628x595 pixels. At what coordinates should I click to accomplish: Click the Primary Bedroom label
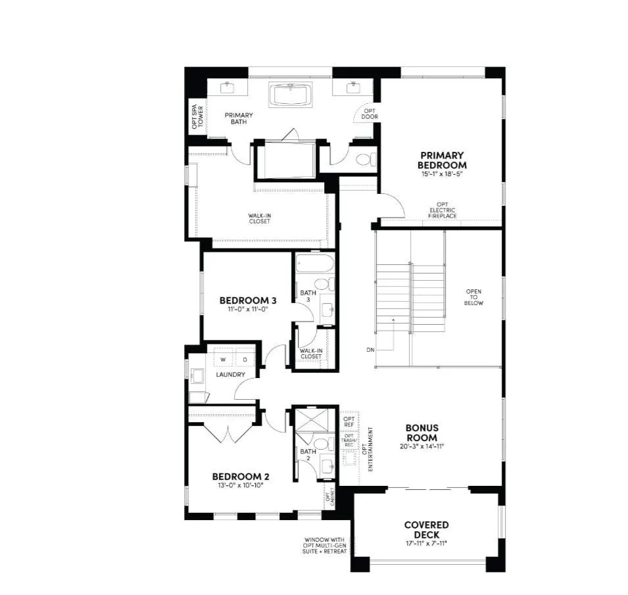coord(443,160)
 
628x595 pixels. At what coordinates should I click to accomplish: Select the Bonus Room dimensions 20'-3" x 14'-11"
coord(422,447)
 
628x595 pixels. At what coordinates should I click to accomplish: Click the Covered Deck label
coord(426,529)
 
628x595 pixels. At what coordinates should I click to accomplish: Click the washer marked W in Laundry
coord(223,360)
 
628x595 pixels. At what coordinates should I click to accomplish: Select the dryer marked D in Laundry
coord(245,360)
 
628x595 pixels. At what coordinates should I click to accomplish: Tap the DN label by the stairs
coord(370,350)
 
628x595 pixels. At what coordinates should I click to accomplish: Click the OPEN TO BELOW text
coord(474,298)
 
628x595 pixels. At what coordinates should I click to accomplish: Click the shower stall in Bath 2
coord(315,421)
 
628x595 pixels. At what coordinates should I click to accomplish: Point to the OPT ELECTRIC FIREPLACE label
coord(443,210)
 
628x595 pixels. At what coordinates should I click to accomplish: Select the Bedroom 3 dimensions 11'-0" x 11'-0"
coord(247,309)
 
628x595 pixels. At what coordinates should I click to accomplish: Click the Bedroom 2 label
coord(240,477)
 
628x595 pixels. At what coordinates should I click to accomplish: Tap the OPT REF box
coord(349,421)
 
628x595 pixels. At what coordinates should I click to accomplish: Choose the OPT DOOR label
coord(370,114)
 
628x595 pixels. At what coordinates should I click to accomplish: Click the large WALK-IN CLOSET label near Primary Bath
coord(259,218)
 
